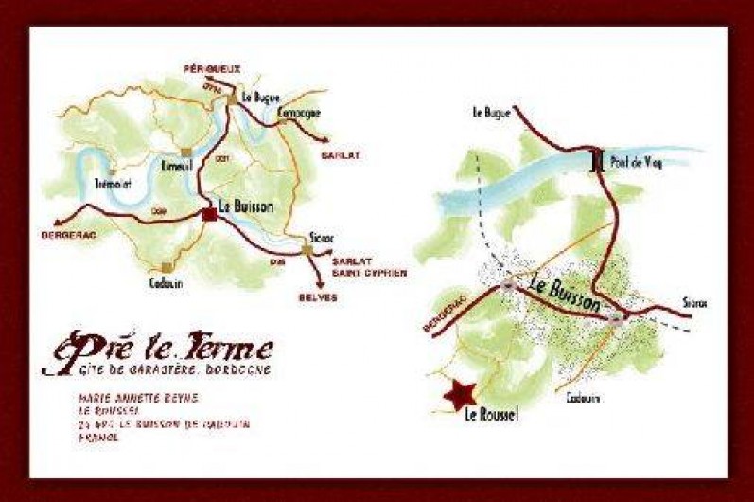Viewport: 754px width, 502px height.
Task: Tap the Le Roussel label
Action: click(492, 414)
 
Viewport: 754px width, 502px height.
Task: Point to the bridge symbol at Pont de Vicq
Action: click(598, 161)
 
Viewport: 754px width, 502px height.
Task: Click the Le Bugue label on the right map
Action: click(492, 113)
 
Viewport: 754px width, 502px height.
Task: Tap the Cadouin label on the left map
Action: click(166, 281)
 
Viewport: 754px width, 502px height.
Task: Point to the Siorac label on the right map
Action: click(694, 303)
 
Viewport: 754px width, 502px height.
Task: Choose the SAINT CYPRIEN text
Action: click(368, 273)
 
